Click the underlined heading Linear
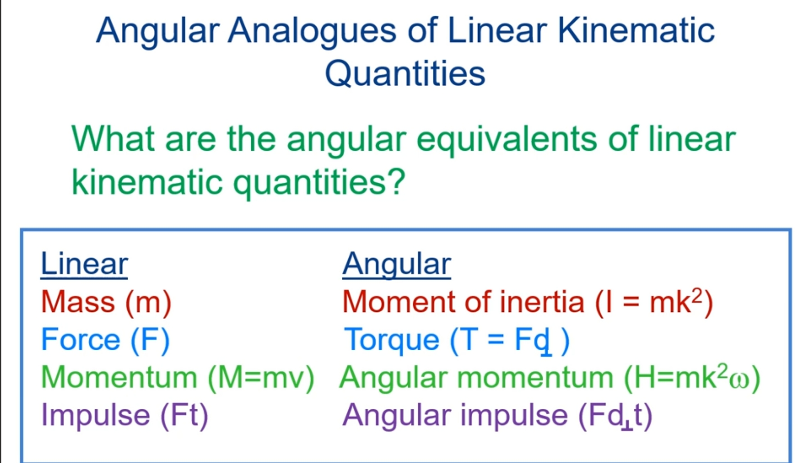[84, 264]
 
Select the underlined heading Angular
[396, 264]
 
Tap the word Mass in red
[78, 302]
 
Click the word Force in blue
[81, 339]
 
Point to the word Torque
[392, 340]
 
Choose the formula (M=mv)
[261, 377]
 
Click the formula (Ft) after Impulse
[184, 415]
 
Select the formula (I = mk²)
[654, 302]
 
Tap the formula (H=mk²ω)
[692, 377]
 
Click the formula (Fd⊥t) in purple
[615, 415]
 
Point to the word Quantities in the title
[405, 74]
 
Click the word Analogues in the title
[312, 31]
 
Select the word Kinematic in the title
[636, 31]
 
